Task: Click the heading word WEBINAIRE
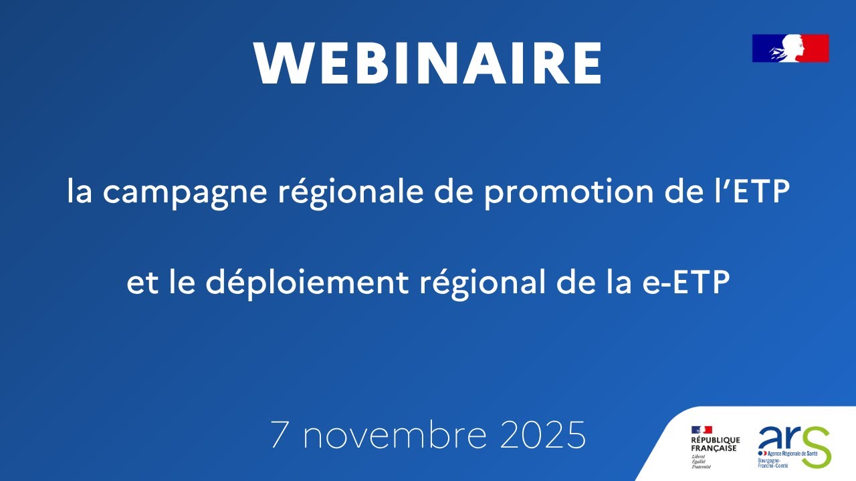(428, 63)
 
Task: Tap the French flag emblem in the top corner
(790, 48)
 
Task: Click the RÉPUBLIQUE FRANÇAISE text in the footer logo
(715, 444)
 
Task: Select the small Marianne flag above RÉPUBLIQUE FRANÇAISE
(702, 430)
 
